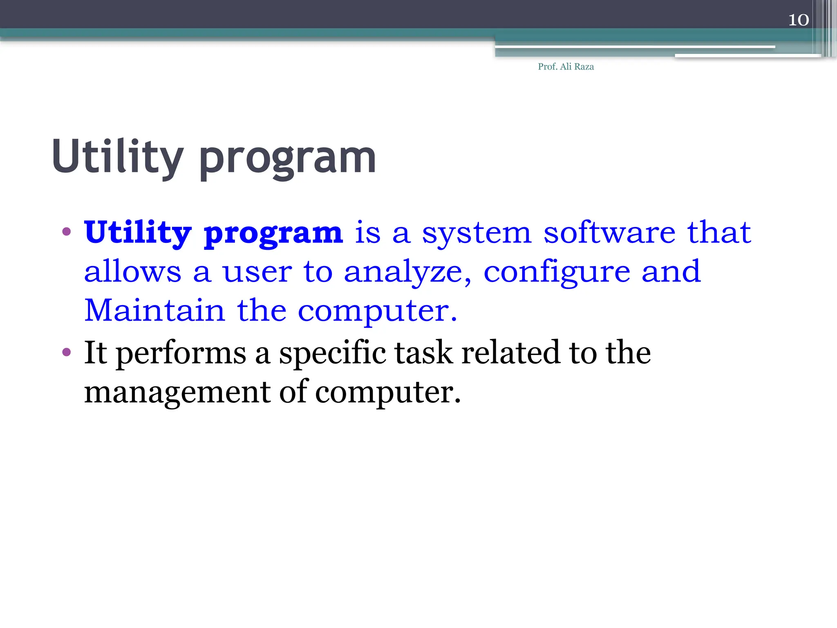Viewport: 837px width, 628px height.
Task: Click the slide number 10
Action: point(798,20)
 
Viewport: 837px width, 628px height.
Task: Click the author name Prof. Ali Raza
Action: point(566,67)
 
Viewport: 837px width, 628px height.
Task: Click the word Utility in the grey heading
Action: point(118,157)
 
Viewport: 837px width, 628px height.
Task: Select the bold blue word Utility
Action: point(138,233)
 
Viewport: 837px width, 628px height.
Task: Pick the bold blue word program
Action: point(273,234)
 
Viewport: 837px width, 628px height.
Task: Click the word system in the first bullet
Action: point(476,233)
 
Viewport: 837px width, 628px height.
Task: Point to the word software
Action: point(609,232)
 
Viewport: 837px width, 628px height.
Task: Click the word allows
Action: point(132,271)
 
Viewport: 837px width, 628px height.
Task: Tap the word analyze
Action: point(407,272)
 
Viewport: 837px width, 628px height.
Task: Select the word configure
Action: point(557,272)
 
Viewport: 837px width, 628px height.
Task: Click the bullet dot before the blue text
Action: point(67,232)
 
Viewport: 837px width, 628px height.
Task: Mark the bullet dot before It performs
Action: point(67,352)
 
